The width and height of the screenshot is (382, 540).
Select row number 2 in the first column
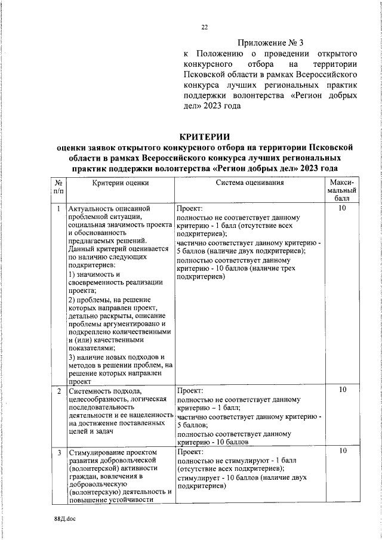(x=58, y=391)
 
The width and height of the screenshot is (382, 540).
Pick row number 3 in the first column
(x=58, y=453)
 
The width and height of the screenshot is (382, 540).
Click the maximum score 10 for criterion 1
(x=343, y=209)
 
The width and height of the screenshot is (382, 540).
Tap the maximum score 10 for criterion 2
(x=343, y=390)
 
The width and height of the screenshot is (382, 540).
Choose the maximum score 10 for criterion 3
(x=343, y=452)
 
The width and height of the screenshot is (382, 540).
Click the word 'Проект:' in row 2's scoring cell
(x=189, y=391)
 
